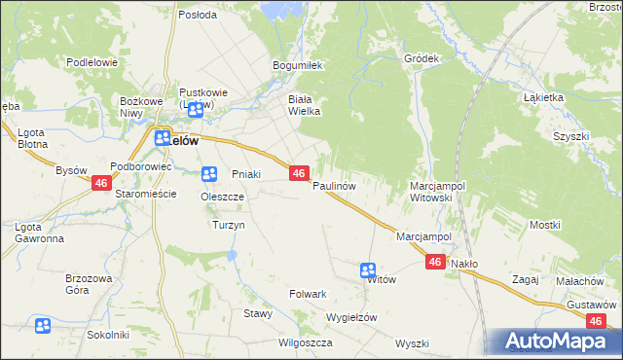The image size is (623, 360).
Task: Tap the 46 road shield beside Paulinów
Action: (x=299, y=172)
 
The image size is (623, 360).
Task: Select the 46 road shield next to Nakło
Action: (x=435, y=262)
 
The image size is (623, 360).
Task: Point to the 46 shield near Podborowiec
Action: (x=101, y=183)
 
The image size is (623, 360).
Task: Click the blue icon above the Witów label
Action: (x=368, y=270)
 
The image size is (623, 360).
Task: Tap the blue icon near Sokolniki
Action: (x=43, y=326)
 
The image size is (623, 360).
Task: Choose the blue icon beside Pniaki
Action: (x=208, y=174)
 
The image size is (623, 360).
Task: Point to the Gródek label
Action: (x=422, y=58)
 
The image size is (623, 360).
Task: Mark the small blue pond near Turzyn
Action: (x=232, y=256)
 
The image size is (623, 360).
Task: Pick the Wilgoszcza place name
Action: (x=306, y=342)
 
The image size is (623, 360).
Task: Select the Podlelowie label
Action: (x=92, y=62)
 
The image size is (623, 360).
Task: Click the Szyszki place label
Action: (x=571, y=137)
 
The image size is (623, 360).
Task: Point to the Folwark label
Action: (x=308, y=293)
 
